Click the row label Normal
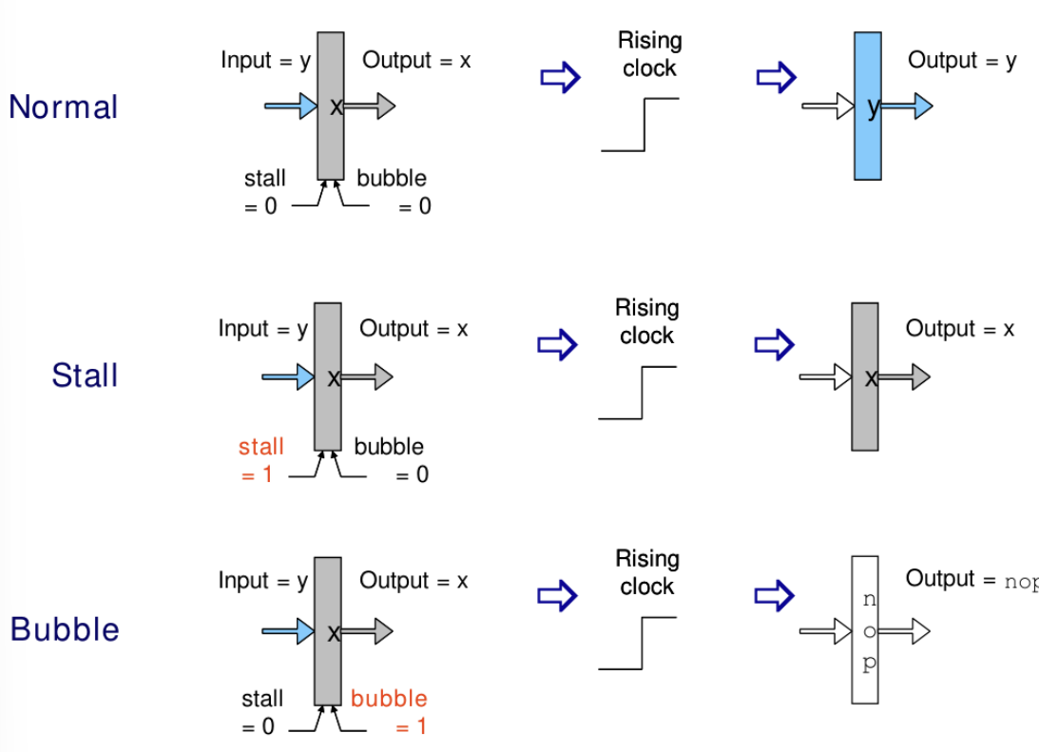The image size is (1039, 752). pos(64,106)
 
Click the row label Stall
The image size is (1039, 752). pos(85,376)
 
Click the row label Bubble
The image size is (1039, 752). pos(65,629)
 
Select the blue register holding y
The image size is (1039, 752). pos(867,106)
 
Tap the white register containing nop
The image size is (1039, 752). pos(864,629)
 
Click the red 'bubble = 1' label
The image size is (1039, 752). pos(390,712)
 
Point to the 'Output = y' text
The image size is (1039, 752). pos(961,61)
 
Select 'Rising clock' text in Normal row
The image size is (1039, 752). pos(649,54)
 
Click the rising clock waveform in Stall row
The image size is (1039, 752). pos(638,392)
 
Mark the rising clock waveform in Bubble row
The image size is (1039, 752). pos(638,643)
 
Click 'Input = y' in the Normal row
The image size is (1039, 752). pos(265,61)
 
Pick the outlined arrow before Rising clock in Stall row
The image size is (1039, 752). pos(558,343)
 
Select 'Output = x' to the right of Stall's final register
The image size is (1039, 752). pos(959,329)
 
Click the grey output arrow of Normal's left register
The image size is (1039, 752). pos(371,106)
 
